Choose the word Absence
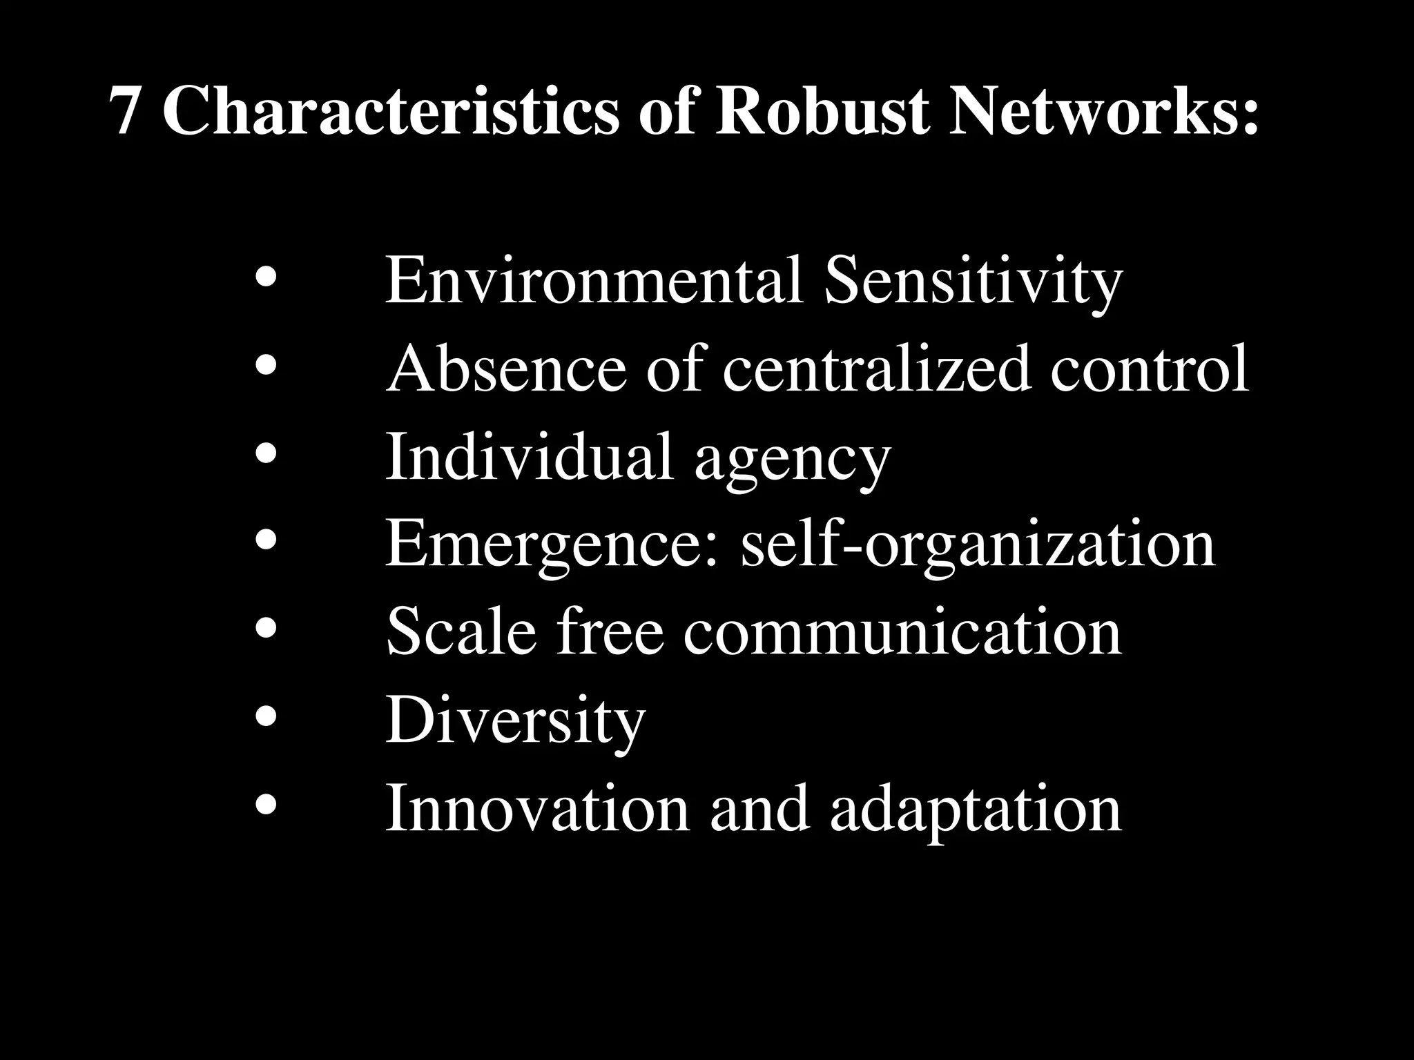tap(506, 369)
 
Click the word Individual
tap(529, 456)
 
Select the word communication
tap(902, 631)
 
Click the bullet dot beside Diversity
tap(266, 718)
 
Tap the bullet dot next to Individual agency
tap(266, 454)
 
